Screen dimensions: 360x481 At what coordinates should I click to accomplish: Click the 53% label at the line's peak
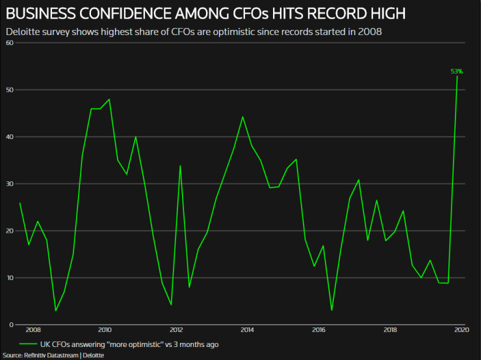point(456,71)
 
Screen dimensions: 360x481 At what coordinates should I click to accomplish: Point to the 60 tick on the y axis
point(10,43)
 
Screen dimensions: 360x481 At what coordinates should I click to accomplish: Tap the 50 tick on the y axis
point(10,90)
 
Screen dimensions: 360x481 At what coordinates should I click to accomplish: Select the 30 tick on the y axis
point(10,184)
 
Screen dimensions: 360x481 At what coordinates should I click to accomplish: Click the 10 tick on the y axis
point(10,277)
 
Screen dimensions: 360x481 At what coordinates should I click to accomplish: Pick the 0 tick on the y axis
point(11,325)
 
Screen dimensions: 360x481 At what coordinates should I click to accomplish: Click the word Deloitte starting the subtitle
point(23,31)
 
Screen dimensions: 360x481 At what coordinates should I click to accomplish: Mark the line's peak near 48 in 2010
point(109,99)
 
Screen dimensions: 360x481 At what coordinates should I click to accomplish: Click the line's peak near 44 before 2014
point(242,117)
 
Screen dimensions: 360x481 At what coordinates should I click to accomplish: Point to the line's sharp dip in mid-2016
point(331,311)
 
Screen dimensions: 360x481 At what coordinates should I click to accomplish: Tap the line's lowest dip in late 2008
point(55,311)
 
